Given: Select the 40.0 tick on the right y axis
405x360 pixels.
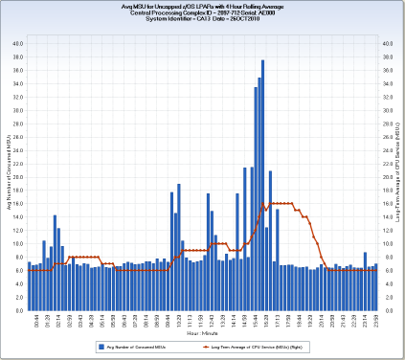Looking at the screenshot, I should tap(387, 43).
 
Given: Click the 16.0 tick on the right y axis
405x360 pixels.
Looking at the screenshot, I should tap(387, 204).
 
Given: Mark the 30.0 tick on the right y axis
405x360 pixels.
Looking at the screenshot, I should tap(387, 110).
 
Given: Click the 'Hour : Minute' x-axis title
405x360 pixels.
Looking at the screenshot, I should tap(202, 332).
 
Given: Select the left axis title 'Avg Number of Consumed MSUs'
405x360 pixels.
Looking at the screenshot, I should tap(9, 177).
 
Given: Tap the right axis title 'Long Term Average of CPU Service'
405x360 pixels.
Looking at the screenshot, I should tap(397, 177).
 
